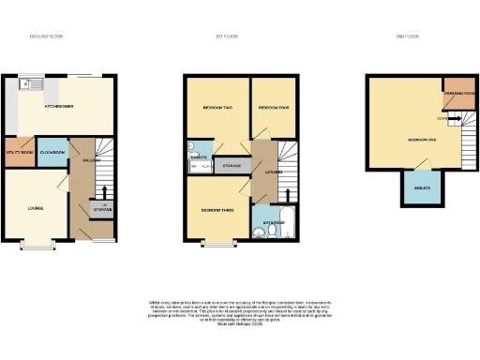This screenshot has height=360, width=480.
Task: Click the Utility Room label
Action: pos(20,152)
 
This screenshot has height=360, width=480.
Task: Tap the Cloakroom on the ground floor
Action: pos(52,152)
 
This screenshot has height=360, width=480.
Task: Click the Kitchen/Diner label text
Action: pos(61,106)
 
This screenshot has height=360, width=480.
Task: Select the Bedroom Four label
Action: pos(274,107)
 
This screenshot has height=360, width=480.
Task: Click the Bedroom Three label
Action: pos(217,210)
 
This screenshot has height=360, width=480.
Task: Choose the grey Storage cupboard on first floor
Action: pos(231,166)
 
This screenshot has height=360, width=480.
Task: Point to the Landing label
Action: pos(275,171)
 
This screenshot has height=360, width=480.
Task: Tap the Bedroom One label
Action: pos(422,139)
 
